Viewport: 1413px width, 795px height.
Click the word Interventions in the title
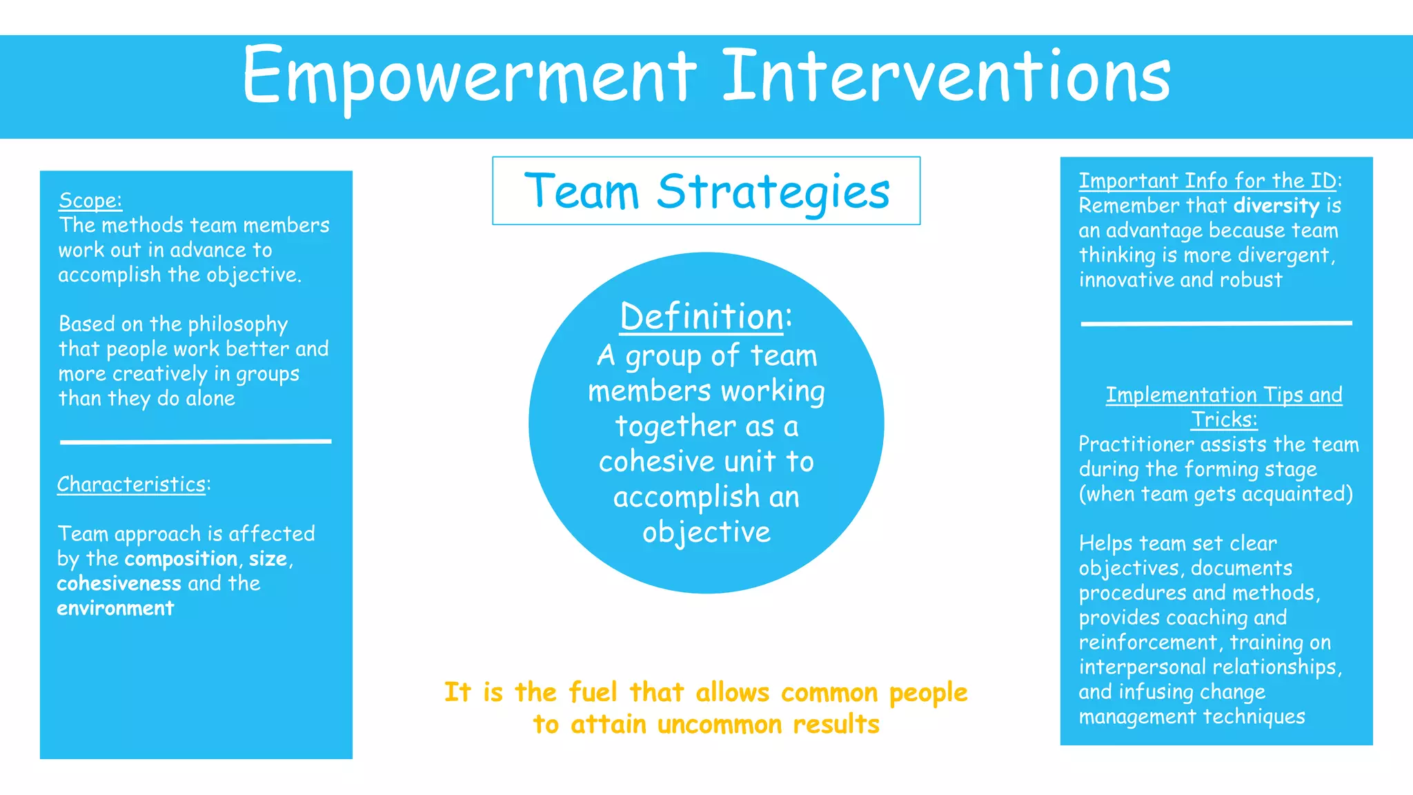pos(946,76)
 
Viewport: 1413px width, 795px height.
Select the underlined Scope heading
pos(90,201)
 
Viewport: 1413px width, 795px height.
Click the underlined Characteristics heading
pos(131,484)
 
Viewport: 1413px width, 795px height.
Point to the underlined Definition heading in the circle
pos(702,317)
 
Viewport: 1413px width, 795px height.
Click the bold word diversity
pos(1276,206)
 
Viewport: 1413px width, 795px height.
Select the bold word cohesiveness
pos(119,584)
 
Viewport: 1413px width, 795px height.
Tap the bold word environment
pos(115,609)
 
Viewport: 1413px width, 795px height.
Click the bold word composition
pos(181,559)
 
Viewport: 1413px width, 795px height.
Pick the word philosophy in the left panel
pos(237,325)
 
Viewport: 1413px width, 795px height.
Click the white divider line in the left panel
pos(195,441)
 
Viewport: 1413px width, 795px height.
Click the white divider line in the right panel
pos(1216,322)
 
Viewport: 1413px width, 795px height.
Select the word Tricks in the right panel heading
pos(1223,420)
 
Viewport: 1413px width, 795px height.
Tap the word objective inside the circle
pos(706,533)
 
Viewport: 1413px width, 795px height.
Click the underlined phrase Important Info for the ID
pos(1207,181)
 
